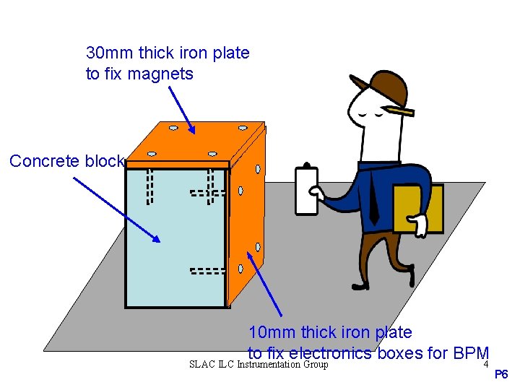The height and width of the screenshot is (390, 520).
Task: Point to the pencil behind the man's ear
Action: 399,111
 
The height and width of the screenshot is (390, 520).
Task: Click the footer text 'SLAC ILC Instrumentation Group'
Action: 259,365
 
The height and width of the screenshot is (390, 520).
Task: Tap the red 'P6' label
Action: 501,374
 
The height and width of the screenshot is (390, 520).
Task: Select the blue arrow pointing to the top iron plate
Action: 181,109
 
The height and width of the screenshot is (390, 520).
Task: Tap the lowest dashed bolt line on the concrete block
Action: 208,272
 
